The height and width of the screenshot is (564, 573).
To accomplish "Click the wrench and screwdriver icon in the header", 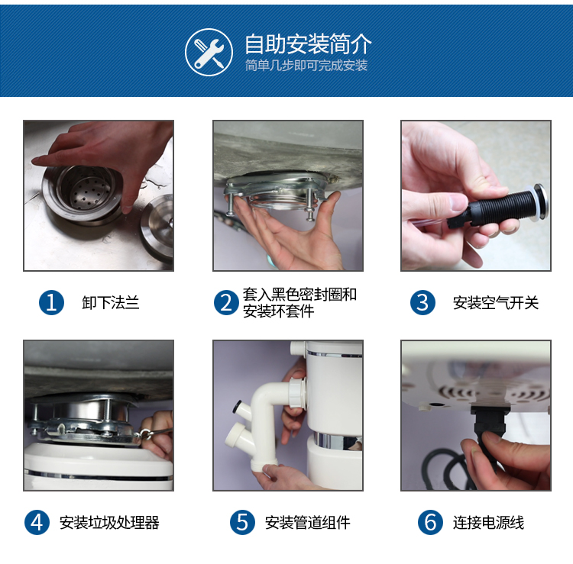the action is (209, 52).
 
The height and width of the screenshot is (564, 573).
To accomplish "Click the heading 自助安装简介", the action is (308, 44).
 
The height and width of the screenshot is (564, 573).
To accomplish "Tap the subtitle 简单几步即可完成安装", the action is (306, 66).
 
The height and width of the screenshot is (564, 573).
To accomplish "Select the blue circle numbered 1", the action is (51, 303).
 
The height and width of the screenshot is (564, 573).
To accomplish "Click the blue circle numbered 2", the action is (227, 303).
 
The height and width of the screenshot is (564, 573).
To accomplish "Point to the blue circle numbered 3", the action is (422, 303).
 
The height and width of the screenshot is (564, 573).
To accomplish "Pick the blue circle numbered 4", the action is (37, 522).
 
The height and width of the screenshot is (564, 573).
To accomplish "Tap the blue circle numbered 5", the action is (242, 522).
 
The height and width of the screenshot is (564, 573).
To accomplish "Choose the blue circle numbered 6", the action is (430, 522).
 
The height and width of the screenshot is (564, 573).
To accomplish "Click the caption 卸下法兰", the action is (111, 303).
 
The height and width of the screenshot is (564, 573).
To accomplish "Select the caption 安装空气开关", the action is (496, 303).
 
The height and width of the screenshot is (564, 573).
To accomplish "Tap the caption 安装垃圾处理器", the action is (109, 523).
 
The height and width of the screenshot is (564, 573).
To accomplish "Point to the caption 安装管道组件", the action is (307, 523).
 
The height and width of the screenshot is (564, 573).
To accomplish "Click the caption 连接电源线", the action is (488, 523).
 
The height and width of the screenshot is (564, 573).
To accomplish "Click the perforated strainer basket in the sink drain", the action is (87, 188).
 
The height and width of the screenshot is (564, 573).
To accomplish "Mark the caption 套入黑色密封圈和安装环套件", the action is (299, 303).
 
